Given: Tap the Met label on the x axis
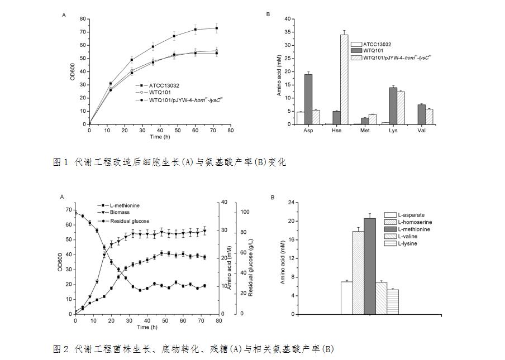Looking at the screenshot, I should (x=364, y=131).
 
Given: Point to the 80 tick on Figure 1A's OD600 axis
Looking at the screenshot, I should (x=83, y=19).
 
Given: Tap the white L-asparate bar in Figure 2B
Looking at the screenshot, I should (x=346, y=297).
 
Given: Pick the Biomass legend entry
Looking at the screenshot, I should (x=122, y=213).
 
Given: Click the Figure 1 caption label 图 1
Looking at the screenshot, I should (x=60, y=162).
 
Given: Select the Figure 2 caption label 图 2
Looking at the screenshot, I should (x=60, y=349).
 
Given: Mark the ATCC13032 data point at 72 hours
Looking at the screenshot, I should (x=216, y=28).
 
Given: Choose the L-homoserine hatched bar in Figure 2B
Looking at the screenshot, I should (x=358, y=272).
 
